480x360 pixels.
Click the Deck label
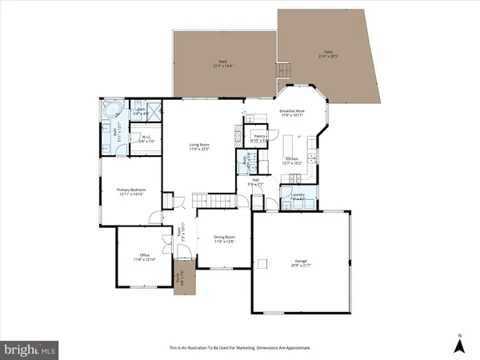click(x=223, y=64)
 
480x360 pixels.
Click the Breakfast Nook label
click(x=292, y=113)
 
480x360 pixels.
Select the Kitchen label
click(x=292, y=161)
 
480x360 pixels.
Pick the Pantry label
click(x=258, y=137)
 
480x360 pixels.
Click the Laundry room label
click(x=297, y=195)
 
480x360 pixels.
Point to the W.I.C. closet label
click(x=146, y=138)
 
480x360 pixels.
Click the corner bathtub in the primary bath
click(x=110, y=110)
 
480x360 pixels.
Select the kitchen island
click(x=290, y=146)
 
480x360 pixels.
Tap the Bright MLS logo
click(x=30, y=349)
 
